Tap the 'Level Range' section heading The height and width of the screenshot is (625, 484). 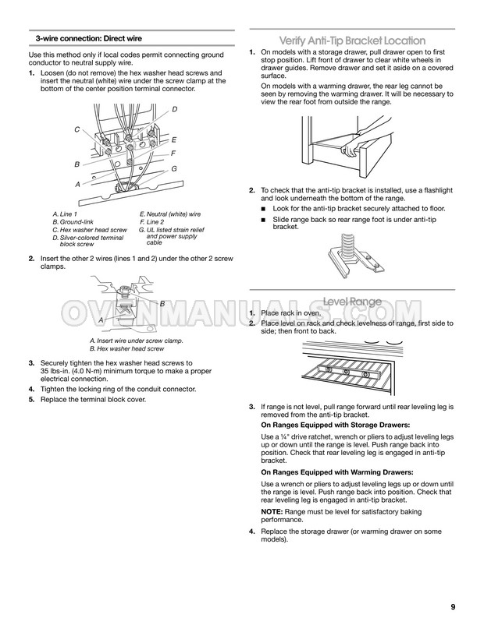pos(352,301)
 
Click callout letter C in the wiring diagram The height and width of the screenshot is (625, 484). pos(77,129)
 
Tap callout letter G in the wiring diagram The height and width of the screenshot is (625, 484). pos(174,168)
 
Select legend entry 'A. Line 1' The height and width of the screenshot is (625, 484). pos(65,214)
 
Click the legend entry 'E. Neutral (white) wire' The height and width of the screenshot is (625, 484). pos(169,214)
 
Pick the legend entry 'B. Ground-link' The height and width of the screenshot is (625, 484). pos(73,222)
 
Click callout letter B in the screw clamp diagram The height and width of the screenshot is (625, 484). pos(162,302)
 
